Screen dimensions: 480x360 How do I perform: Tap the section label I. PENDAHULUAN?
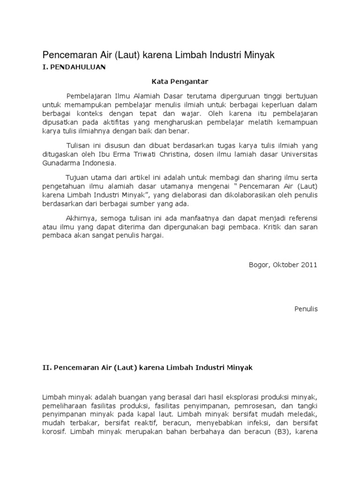[74, 67]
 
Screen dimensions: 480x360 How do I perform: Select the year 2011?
[309, 264]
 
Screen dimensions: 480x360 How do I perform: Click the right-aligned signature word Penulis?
[306, 309]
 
